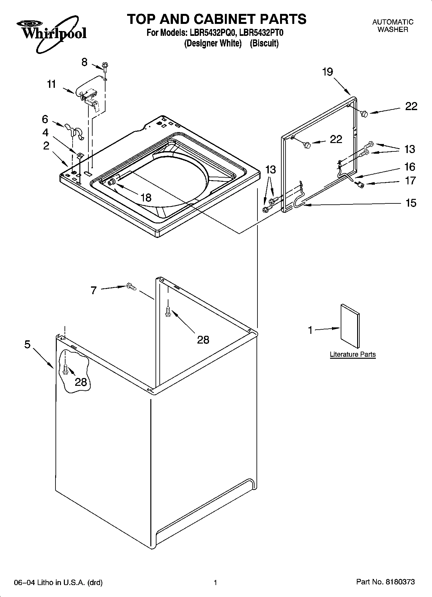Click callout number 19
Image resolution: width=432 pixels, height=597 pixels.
(327, 72)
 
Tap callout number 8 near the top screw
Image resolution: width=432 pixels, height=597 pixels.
(84, 62)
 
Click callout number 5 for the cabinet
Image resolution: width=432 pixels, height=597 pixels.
(27, 345)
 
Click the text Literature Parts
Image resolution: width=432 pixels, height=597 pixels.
(353, 354)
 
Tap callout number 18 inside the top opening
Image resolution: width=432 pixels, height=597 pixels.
(146, 197)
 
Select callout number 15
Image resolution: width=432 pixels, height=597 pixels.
(411, 203)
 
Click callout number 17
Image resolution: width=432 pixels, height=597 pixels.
(410, 180)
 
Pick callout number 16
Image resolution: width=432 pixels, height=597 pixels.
(410, 167)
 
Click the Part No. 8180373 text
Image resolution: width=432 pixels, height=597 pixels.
(385, 582)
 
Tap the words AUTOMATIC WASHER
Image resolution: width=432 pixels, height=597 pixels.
(393, 26)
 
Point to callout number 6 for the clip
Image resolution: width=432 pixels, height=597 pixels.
(45, 119)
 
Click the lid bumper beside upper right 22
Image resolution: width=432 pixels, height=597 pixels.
(365, 113)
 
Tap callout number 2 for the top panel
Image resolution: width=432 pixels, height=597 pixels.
(46, 146)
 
